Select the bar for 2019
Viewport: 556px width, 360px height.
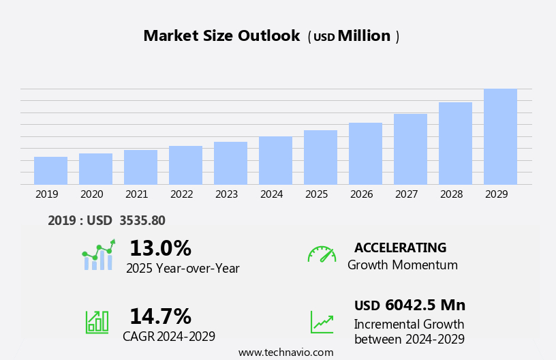click(50, 170)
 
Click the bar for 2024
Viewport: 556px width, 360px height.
click(275, 160)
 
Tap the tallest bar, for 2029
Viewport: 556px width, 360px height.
click(500, 136)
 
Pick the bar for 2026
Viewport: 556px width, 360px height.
click(365, 153)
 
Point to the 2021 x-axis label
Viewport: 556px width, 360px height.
click(136, 194)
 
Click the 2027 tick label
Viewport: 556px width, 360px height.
click(406, 194)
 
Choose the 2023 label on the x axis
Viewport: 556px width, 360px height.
click(226, 194)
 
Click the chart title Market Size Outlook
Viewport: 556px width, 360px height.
click(221, 36)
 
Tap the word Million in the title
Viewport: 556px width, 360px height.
click(364, 36)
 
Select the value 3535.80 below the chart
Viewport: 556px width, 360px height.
click(142, 220)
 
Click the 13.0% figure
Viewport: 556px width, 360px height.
click(160, 248)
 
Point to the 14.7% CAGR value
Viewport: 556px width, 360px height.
click(160, 316)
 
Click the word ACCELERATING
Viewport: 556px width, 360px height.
click(400, 247)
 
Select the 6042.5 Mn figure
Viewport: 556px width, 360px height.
click(425, 305)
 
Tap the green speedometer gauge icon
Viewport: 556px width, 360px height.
click(322, 254)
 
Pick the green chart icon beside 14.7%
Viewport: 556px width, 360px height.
click(97, 321)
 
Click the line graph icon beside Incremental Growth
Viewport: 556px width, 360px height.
click(322, 322)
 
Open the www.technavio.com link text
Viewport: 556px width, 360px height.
click(285, 352)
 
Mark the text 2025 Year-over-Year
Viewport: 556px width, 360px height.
click(183, 269)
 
